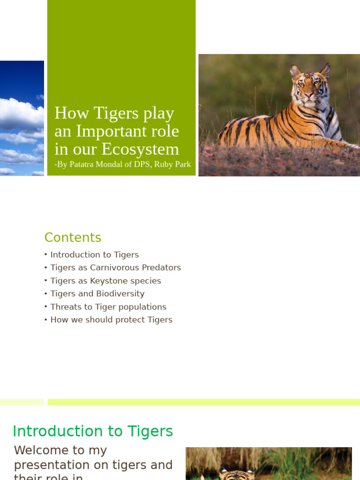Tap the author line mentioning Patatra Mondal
(x=122, y=165)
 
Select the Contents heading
(x=73, y=238)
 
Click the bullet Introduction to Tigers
(x=94, y=255)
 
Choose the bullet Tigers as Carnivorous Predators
(x=115, y=268)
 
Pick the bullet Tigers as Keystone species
(x=105, y=281)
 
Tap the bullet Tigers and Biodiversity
(x=97, y=294)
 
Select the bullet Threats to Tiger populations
(x=108, y=307)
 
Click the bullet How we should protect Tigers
(x=111, y=320)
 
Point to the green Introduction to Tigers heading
(x=93, y=431)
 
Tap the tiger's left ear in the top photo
(x=325, y=71)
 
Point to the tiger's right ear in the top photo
(x=295, y=71)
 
